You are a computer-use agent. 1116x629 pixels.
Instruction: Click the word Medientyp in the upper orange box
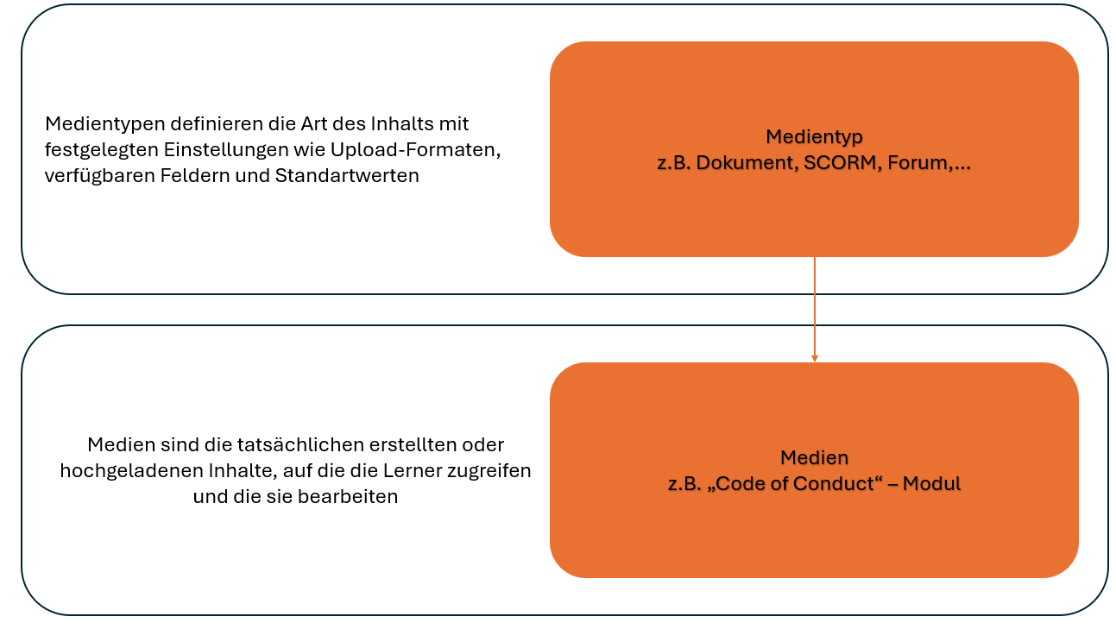click(814, 137)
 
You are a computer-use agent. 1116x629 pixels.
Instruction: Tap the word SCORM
click(840, 162)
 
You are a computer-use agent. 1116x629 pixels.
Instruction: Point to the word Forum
click(917, 162)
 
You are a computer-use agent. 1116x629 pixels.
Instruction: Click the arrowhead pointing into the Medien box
click(815, 359)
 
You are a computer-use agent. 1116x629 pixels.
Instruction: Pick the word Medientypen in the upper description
click(104, 124)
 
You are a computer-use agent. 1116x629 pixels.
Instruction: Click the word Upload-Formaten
click(413, 150)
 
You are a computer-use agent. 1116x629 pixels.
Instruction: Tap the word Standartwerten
click(347, 176)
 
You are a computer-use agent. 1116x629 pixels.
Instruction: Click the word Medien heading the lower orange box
click(814, 457)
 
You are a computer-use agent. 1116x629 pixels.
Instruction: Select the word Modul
click(931, 483)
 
